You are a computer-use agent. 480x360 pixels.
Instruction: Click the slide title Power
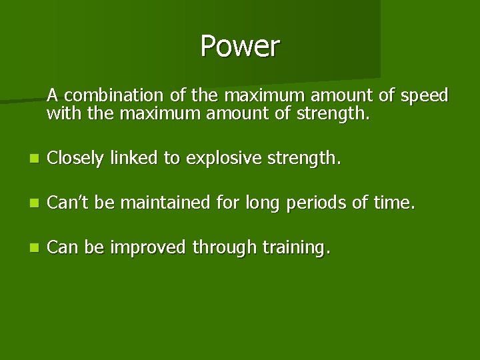point(240,47)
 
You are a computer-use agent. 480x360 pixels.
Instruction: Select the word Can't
point(68,203)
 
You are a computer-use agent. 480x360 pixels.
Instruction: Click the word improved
point(147,247)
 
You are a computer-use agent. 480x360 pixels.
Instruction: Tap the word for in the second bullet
point(231,203)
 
